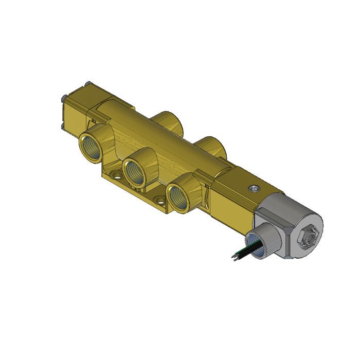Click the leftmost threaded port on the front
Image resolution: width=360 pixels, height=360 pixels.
[91, 146]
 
